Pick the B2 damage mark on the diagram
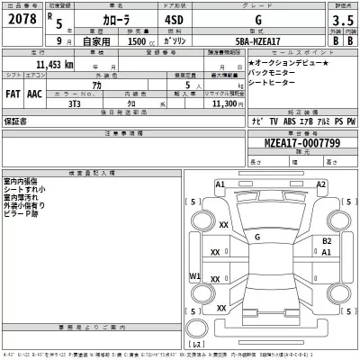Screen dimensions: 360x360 [327, 242]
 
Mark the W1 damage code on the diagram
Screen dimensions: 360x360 [194, 276]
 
